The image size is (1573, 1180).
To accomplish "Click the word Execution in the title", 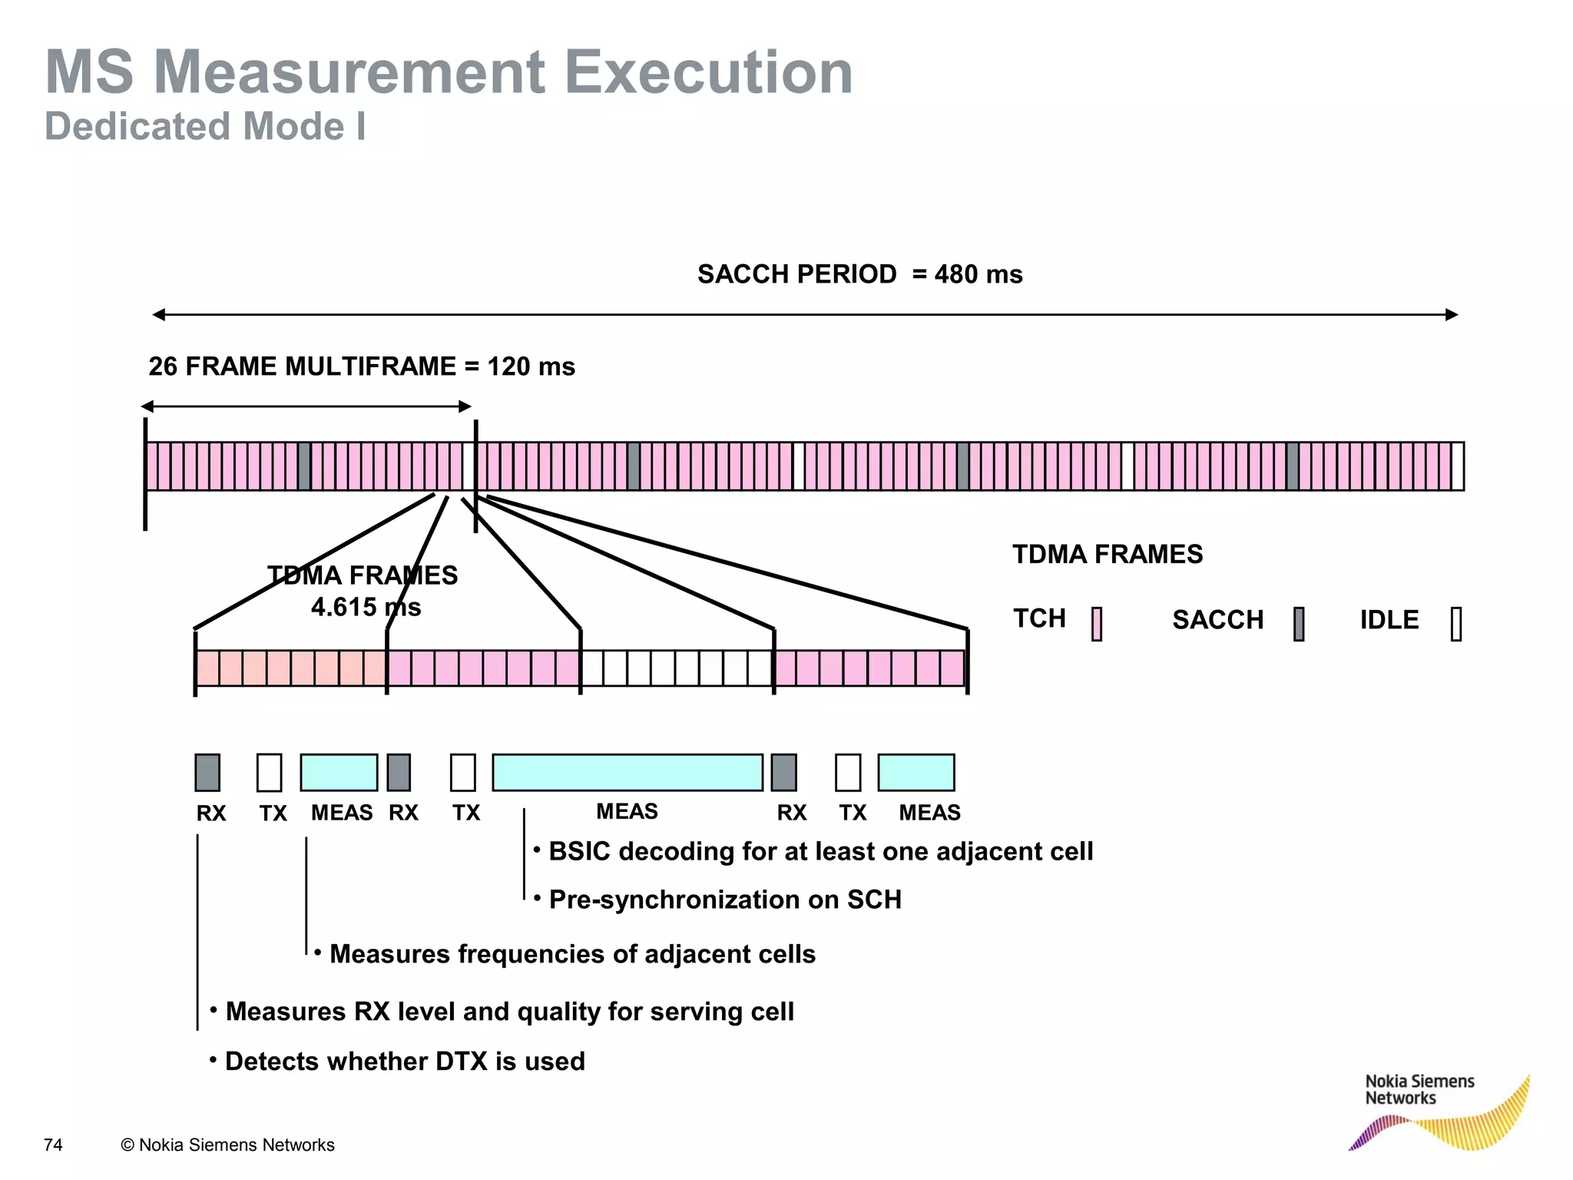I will (x=708, y=72).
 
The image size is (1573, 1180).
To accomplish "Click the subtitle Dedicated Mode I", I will (x=205, y=127).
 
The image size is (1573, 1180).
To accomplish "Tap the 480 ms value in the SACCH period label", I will (x=979, y=274).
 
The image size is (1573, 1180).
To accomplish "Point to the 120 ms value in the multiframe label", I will (x=531, y=366).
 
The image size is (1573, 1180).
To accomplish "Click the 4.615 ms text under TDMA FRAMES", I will (x=366, y=608).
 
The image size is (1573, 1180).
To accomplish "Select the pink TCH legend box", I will (x=1097, y=624).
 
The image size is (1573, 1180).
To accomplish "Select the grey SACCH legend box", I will (x=1299, y=624).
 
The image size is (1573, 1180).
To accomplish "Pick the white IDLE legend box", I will (x=1455, y=624).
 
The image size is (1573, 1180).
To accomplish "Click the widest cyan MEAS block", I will (x=627, y=772).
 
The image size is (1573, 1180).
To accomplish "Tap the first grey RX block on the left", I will (x=207, y=772).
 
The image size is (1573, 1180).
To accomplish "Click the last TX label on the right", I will (x=853, y=813).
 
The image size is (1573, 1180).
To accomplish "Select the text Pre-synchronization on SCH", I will (x=725, y=900).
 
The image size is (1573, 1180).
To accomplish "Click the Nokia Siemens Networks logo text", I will (x=1419, y=1089).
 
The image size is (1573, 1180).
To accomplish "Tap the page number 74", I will (x=53, y=1145).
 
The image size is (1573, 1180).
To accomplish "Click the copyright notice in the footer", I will (x=228, y=1145).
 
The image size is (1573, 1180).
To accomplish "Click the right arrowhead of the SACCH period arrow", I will (x=1451, y=314).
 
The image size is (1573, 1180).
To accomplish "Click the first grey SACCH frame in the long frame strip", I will (x=304, y=466).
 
